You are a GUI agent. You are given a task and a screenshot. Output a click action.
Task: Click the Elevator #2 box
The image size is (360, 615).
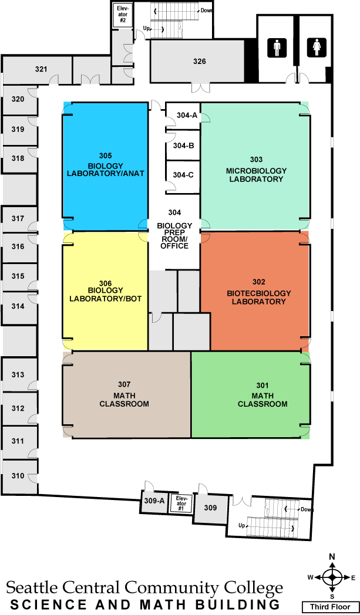click(123, 15)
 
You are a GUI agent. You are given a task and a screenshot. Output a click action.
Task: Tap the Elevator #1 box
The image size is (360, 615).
click(181, 504)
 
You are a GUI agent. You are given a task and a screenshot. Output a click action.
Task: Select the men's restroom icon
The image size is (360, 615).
click(278, 48)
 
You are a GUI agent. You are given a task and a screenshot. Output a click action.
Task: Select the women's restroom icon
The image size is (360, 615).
click(317, 48)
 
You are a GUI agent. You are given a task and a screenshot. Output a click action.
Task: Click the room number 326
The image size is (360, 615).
click(200, 61)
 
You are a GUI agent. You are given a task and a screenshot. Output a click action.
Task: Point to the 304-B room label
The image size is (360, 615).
click(184, 146)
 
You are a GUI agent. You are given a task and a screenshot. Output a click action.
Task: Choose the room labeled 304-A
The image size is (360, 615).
click(187, 115)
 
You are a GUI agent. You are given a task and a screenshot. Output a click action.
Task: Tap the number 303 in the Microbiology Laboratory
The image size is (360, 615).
click(257, 160)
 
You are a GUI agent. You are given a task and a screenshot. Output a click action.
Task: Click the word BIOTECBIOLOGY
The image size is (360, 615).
click(259, 293)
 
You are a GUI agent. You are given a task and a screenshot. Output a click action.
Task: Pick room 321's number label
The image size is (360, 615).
click(41, 69)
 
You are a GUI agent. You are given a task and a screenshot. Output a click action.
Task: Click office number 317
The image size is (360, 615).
click(18, 218)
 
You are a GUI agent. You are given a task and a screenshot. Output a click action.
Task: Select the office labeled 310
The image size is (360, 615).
click(18, 476)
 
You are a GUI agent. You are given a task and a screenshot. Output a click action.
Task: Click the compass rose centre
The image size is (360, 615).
click(332, 577)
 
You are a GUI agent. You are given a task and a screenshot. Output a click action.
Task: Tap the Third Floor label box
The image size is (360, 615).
click(330, 607)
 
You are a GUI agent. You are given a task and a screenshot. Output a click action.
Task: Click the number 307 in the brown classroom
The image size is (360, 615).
click(125, 384)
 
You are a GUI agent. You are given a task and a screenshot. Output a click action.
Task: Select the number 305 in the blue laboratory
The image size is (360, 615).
click(106, 155)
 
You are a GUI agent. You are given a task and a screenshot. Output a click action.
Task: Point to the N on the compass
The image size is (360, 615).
click(332, 556)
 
